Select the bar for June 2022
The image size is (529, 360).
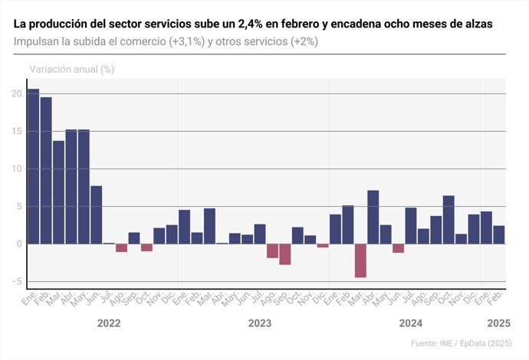click(x=96, y=214)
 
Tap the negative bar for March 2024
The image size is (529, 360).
click(x=360, y=260)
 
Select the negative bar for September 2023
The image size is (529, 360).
click(x=285, y=254)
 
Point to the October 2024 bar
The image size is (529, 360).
click(x=449, y=220)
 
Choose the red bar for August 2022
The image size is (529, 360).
click(x=121, y=247)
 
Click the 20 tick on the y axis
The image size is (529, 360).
click(x=16, y=93)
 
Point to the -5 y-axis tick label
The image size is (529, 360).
click(x=16, y=281)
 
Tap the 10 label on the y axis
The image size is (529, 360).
click(x=16, y=169)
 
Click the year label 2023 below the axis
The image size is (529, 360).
click(x=260, y=323)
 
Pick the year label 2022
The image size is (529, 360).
click(x=109, y=323)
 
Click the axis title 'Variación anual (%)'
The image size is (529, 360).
click(x=71, y=69)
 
